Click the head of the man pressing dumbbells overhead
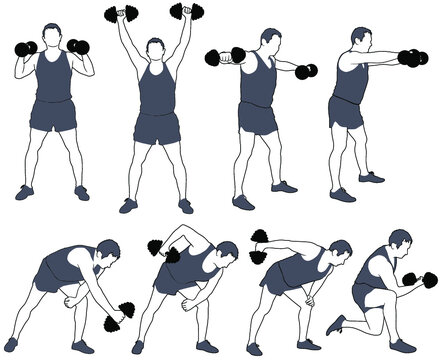click(x=155, y=48)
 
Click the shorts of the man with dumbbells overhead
click(x=156, y=127)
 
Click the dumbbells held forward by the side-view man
click(x=412, y=58)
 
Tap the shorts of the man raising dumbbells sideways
click(x=258, y=117)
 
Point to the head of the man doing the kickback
click(x=340, y=251)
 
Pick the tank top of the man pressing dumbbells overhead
click(x=155, y=90)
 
